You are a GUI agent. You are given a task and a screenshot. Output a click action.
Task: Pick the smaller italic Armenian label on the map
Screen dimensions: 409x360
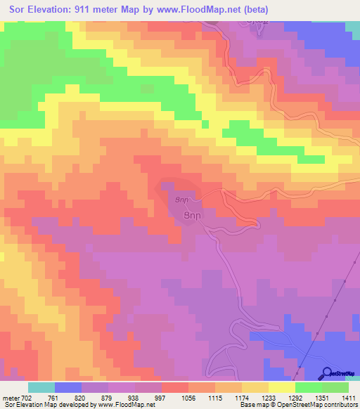tap(182, 199)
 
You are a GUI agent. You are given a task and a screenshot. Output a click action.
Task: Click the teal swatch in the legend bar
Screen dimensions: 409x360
tap(41, 387)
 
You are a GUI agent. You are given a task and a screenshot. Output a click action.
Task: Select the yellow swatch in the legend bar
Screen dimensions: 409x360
tap(281, 387)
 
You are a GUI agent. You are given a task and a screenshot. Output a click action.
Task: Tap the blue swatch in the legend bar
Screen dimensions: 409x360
tap(68, 387)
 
